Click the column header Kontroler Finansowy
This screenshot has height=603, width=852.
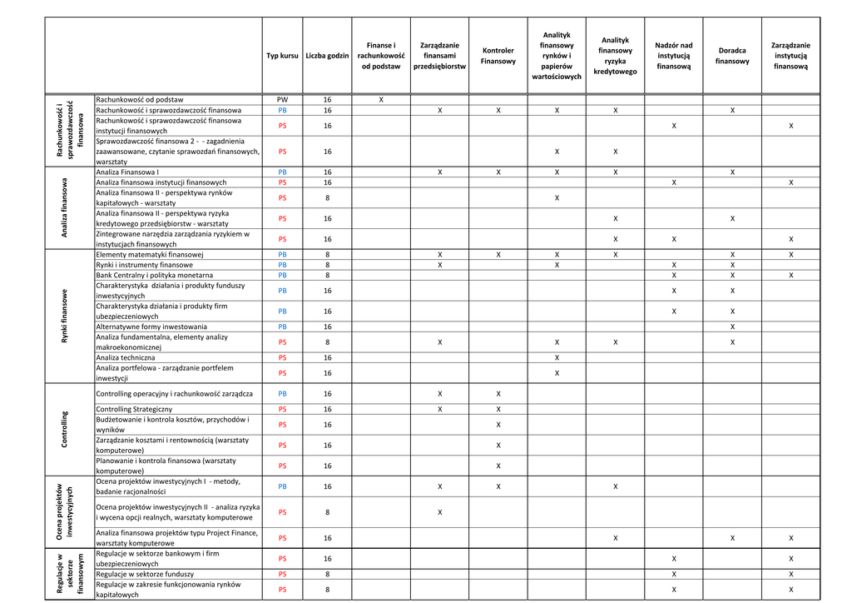498,56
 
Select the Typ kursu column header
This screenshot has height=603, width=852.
282,56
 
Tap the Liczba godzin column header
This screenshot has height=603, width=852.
327,56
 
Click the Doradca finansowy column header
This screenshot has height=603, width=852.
732,56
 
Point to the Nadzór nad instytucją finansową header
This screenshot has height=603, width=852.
673,56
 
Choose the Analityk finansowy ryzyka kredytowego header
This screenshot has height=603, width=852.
615,56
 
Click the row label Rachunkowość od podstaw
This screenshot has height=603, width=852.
140,99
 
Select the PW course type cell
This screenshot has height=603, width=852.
282,99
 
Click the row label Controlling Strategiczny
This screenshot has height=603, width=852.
134,409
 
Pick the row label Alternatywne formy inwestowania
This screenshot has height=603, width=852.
151,326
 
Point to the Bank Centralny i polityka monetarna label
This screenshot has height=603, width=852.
154,275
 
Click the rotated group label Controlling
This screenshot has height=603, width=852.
65,429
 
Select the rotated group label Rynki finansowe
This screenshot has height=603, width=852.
65,316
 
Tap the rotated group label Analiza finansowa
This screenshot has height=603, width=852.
65,208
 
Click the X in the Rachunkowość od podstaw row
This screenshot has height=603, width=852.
381,99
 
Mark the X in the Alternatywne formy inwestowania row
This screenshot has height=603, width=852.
732,326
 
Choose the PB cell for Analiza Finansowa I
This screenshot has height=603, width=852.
282,172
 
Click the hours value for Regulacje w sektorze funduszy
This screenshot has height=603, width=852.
327,574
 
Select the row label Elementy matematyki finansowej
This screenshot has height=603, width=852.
150,254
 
